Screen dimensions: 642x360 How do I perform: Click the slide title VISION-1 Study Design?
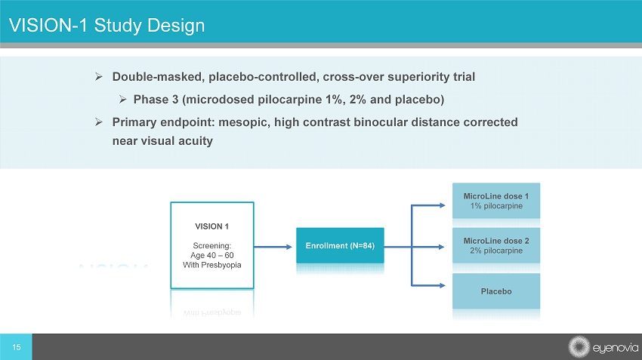pyautogui.click(x=106, y=26)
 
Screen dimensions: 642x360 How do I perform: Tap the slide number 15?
pyautogui.click(x=17, y=347)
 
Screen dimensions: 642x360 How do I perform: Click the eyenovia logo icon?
pyautogui.click(x=579, y=347)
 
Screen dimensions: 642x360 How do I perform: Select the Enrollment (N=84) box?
pyautogui.click(x=340, y=245)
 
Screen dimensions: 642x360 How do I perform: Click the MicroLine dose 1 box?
pyautogui.click(x=495, y=201)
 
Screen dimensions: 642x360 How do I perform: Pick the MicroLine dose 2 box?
pyautogui.click(x=495, y=245)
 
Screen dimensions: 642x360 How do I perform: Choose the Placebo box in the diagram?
pyautogui.click(x=495, y=291)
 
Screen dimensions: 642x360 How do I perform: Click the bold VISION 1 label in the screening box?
pyautogui.click(x=211, y=226)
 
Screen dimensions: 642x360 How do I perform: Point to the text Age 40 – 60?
pyautogui.click(x=211, y=255)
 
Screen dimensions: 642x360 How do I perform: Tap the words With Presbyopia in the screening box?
pyautogui.click(x=211, y=265)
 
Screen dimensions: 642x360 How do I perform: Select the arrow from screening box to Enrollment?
pyautogui.click(x=273, y=247)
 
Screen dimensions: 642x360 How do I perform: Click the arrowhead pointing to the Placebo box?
pyautogui.click(x=442, y=285)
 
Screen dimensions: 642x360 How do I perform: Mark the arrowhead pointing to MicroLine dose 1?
pyautogui.click(x=442, y=205)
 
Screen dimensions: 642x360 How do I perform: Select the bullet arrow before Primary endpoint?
pyautogui.click(x=99, y=122)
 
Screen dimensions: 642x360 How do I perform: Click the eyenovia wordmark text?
pyautogui.click(x=615, y=348)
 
